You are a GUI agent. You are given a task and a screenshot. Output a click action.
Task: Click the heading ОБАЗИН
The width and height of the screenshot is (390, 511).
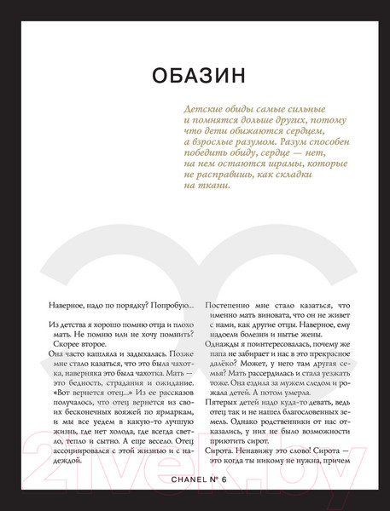(195, 77)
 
